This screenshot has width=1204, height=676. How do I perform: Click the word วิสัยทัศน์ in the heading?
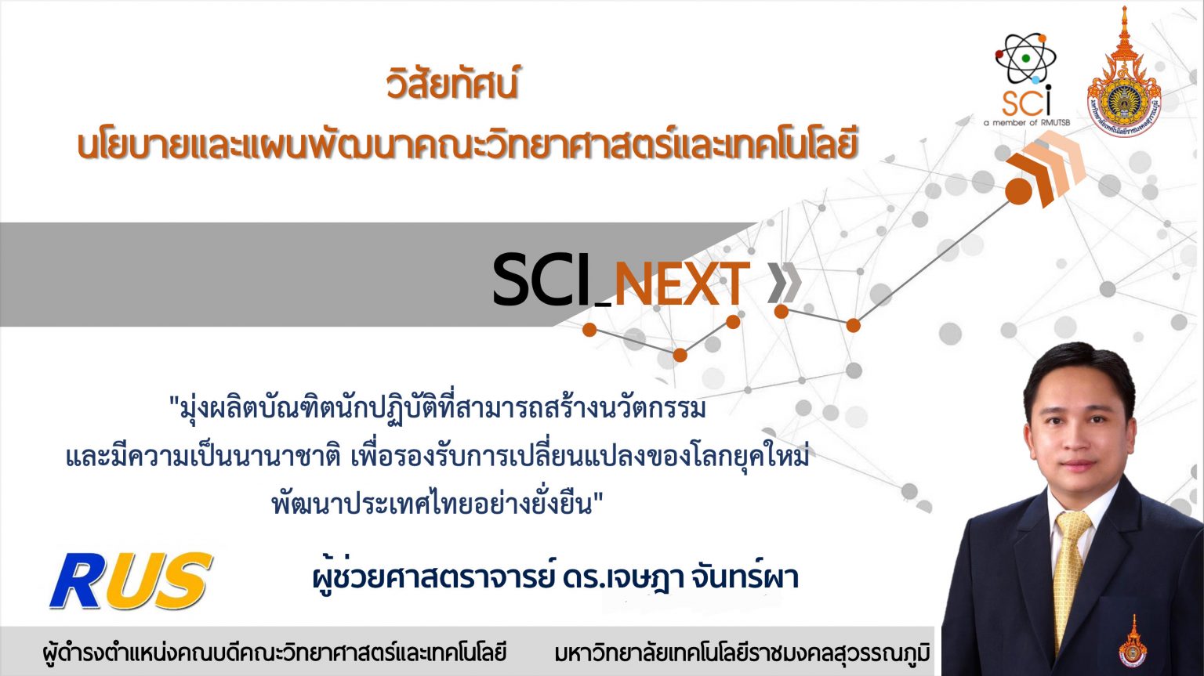tap(452, 85)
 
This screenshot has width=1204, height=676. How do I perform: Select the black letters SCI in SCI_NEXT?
tap(541, 280)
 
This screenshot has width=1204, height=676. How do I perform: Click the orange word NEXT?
tap(681, 284)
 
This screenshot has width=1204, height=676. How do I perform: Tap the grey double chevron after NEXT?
tap(783, 283)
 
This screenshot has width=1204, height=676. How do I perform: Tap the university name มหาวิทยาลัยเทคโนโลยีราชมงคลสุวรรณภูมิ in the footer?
tap(742, 653)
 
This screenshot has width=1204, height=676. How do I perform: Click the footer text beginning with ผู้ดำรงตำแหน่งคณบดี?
tap(274, 653)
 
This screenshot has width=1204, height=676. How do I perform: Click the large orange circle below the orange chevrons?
tap(1017, 191)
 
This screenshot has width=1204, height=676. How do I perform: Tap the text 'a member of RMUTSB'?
tap(1026, 123)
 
